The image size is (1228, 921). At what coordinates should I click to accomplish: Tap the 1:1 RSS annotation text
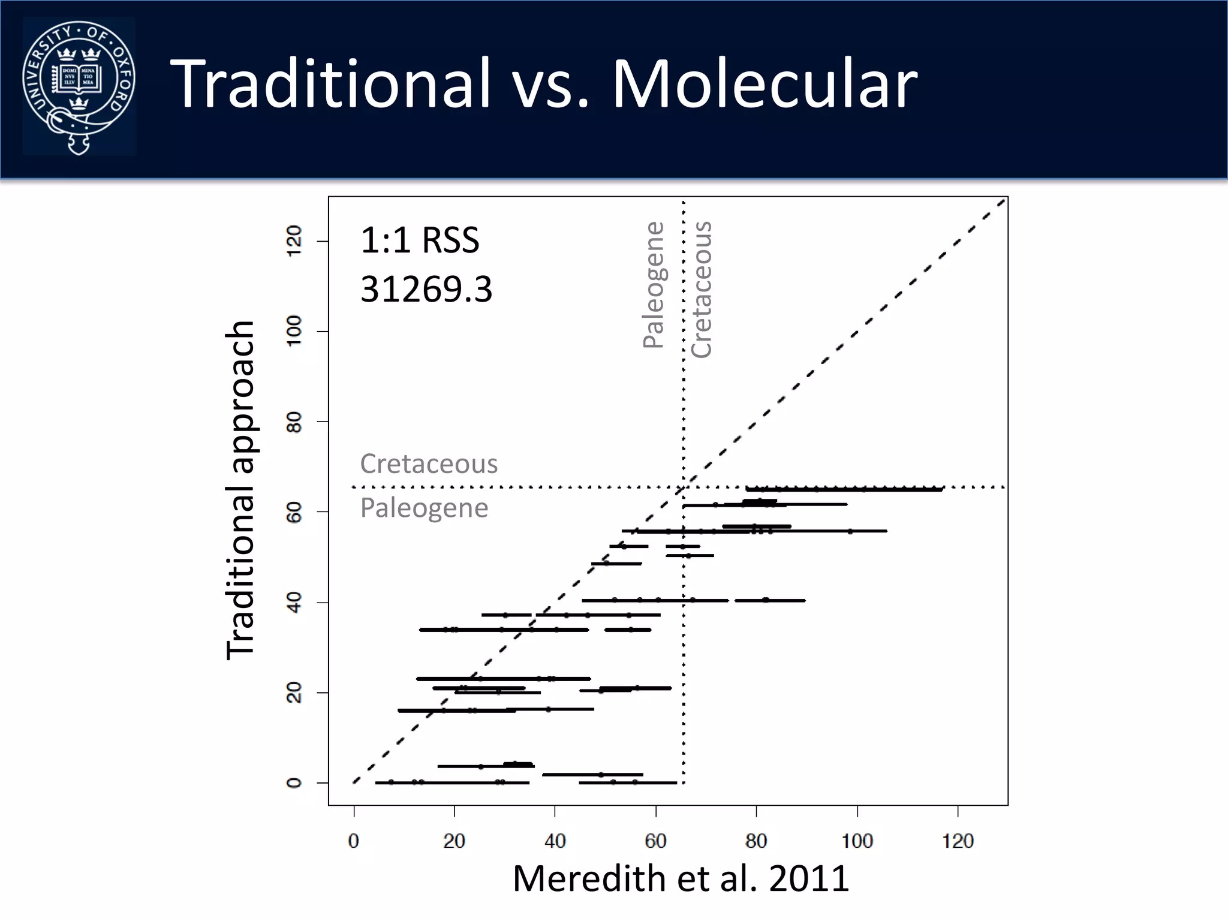point(420,240)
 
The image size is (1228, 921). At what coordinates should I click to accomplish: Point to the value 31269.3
point(426,289)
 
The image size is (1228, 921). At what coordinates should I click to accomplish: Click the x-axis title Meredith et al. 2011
point(681,879)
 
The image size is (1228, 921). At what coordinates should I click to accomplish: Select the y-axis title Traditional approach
point(241,490)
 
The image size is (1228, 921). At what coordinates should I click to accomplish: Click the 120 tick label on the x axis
point(958,841)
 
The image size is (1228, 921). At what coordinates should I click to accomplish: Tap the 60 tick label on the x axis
point(655,841)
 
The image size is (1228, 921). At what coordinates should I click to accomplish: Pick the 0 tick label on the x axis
point(354,841)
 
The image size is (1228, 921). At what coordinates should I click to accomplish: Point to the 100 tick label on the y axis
point(294,331)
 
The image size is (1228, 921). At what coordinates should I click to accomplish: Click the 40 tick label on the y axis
point(294,602)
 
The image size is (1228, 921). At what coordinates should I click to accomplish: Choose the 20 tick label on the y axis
point(294,693)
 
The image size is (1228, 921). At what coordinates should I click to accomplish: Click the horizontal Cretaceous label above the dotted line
point(429,463)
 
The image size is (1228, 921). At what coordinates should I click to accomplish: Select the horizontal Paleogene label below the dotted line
point(424,508)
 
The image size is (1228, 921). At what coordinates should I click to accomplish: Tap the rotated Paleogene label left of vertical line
point(654,285)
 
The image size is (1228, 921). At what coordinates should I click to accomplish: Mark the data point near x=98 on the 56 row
point(850,531)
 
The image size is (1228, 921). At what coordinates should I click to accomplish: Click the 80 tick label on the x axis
point(756,841)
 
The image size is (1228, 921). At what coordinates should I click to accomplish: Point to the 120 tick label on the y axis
point(294,241)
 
